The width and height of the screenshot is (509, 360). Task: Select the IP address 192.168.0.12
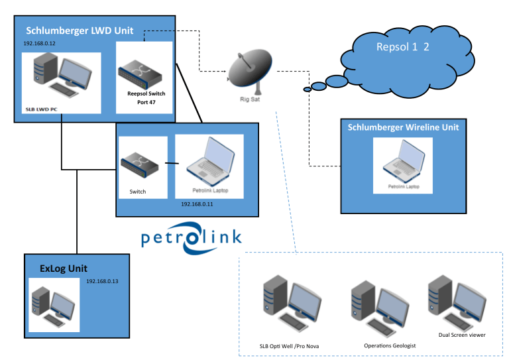pos(39,43)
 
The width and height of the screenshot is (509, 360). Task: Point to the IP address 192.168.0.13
pos(102,280)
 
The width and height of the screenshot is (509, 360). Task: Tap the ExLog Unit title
pos(64,269)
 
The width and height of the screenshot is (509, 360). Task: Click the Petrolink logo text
pos(192,237)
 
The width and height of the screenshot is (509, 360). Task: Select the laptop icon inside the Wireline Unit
pos(403,162)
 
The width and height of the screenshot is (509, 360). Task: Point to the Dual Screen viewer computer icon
pos(452,300)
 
